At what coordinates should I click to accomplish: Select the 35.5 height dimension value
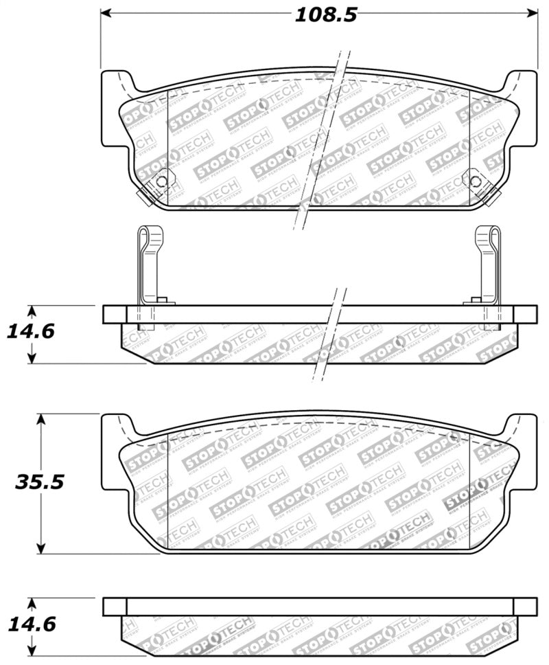point(39,481)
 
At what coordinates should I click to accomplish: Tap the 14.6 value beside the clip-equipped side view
point(30,331)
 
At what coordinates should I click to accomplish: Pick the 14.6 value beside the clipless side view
point(30,624)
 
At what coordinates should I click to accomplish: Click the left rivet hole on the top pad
point(162,182)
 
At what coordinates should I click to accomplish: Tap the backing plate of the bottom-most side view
point(319,606)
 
